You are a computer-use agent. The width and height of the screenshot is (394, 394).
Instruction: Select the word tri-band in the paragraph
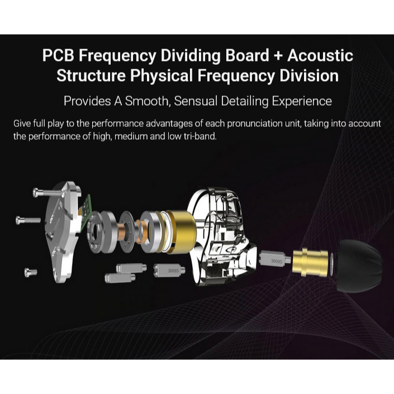pyautogui.click(x=198, y=136)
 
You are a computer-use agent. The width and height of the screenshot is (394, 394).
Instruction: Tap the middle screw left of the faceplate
pyautogui.click(x=28, y=220)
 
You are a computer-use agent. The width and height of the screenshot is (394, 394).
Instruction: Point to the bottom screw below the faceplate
pyautogui.click(x=31, y=272)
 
